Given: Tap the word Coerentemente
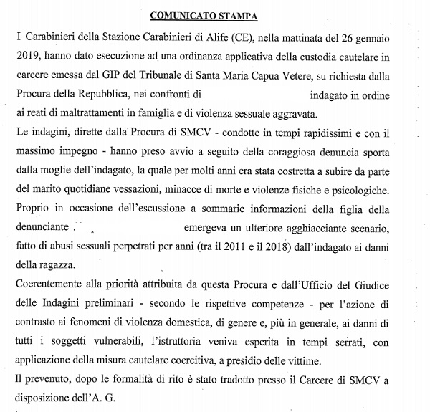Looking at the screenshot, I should pos(54,285).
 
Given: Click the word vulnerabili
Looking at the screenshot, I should pos(126,343).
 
